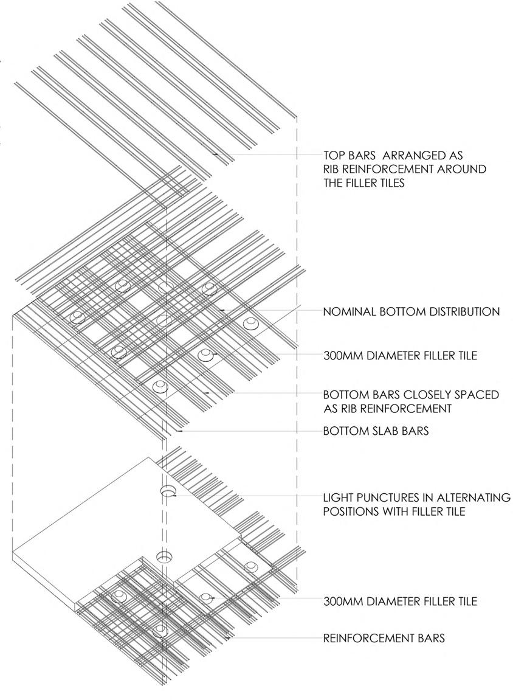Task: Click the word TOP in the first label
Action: pyautogui.click(x=334, y=156)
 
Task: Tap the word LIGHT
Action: pyautogui.click(x=337, y=497)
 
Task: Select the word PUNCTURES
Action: pyautogui.click(x=387, y=497)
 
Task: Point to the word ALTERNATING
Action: pyautogui.click(x=469, y=497)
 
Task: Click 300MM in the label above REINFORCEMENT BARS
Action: pyautogui.click(x=343, y=601)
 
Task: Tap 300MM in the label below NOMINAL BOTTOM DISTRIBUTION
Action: pyautogui.click(x=343, y=356)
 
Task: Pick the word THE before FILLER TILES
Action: pyautogui.click(x=334, y=182)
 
